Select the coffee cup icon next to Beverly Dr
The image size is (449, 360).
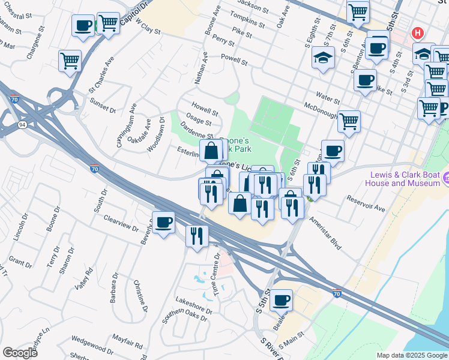[163, 223]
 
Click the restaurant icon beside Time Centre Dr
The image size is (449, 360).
[197, 235]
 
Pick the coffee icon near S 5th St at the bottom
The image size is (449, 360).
[280, 299]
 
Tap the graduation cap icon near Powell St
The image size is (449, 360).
[323, 58]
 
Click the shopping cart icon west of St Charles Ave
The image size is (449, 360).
[70, 61]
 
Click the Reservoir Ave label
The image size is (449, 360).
[366, 203]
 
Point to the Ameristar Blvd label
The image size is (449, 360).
[325, 233]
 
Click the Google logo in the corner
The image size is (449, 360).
[20, 353]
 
